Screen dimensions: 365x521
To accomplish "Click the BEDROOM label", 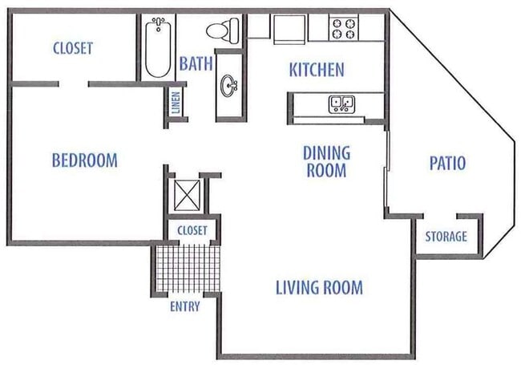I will [84, 160].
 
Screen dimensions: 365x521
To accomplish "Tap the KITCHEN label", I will [316, 70].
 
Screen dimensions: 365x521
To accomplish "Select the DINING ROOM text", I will [325, 160].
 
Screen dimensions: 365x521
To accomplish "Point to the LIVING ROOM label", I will [319, 286].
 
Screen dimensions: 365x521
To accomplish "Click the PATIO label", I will [447, 164].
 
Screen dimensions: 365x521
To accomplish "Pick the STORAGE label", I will [446, 237].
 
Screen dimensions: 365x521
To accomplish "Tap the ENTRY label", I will [184, 306].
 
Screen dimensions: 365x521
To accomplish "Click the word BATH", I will [195, 63].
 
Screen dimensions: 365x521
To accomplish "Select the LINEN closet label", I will [176, 103].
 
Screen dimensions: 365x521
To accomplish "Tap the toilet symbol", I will [220, 30].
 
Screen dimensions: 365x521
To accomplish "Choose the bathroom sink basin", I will [230, 83].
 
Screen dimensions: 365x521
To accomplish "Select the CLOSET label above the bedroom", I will [72, 48].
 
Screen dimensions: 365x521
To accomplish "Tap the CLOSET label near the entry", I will [192, 230].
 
